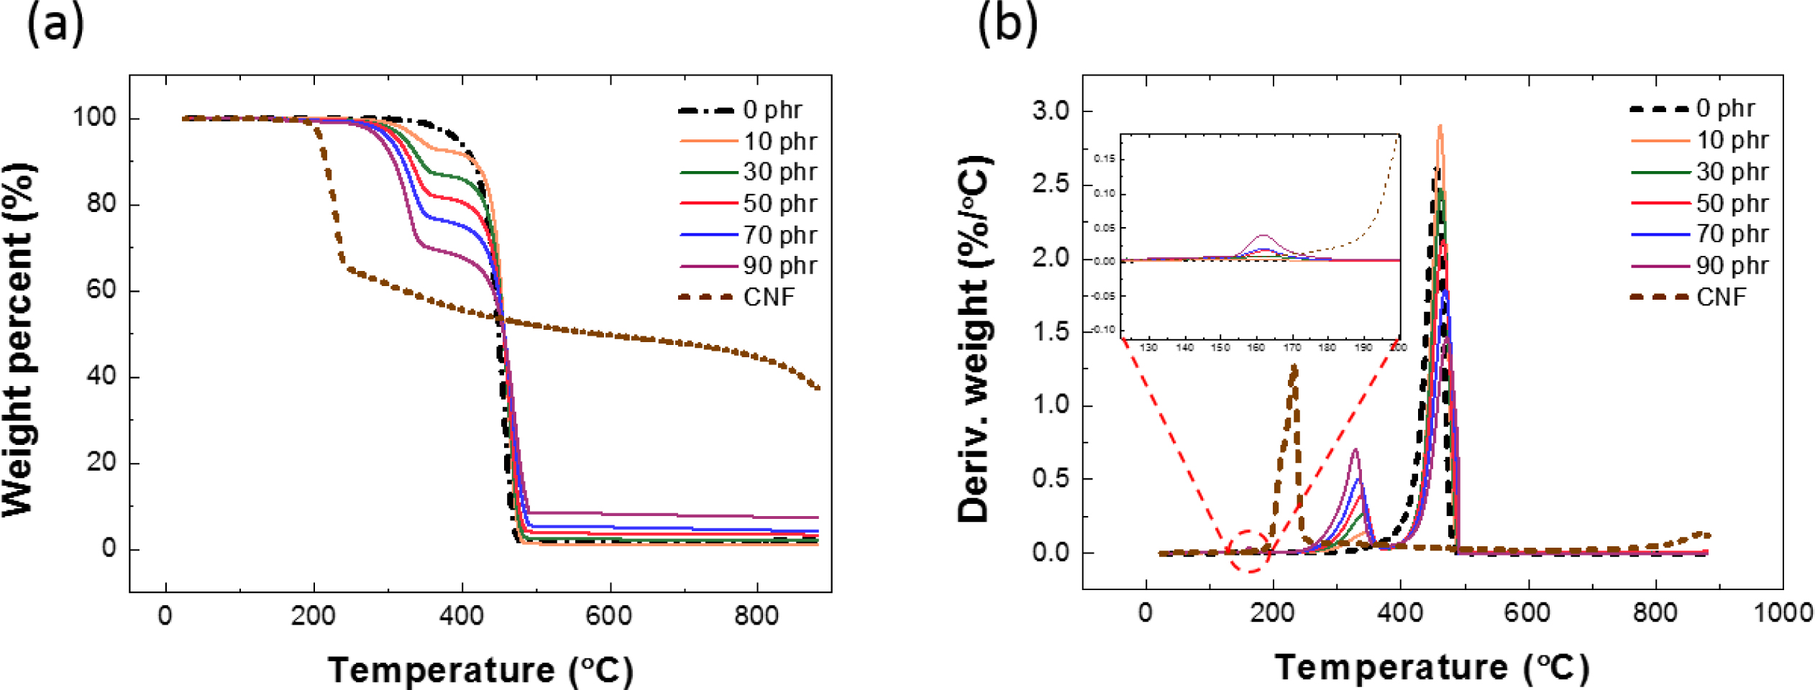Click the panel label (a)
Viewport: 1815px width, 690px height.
point(55,24)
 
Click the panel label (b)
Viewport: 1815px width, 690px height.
point(1007,24)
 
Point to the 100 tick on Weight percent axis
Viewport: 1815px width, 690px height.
point(94,118)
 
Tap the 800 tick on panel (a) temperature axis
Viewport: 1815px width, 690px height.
point(756,617)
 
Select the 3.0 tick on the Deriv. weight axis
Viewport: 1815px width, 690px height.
point(1051,111)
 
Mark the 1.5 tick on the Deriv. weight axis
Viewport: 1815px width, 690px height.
point(1051,332)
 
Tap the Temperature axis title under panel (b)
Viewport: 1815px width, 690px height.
point(1432,668)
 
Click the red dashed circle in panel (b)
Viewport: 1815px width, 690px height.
point(1249,552)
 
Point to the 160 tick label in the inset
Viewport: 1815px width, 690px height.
point(1256,348)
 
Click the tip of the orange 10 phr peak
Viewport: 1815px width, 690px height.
point(1440,126)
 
